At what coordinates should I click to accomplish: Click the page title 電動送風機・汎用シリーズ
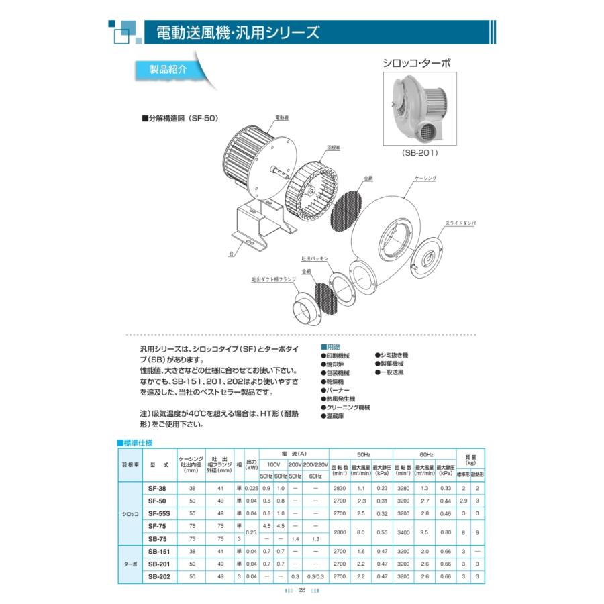tap(238, 32)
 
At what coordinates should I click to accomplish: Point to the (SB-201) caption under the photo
tap(421, 152)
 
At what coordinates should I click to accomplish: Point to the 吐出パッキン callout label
tap(313, 258)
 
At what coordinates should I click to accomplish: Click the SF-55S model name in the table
tap(158, 513)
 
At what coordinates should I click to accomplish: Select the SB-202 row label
tap(158, 576)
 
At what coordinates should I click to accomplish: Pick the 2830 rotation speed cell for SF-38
tap(340, 489)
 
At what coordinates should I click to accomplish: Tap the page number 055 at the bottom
tap(302, 591)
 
